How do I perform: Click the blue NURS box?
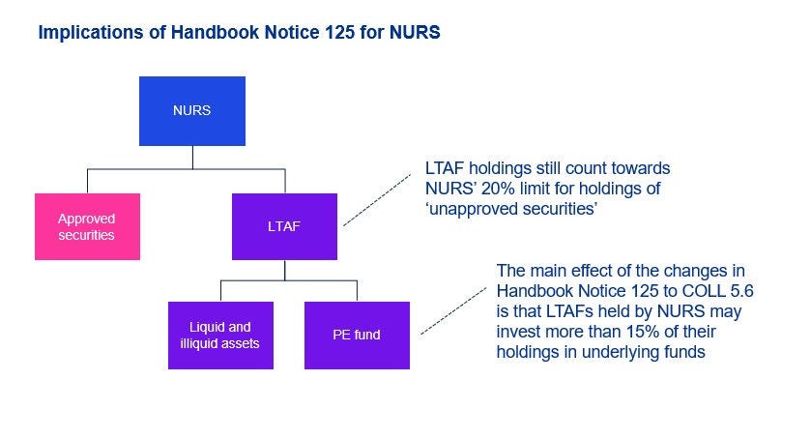(191, 110)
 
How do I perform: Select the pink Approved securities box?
(87, 226)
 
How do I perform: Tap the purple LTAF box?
(285, 226)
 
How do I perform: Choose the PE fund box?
(357, 335)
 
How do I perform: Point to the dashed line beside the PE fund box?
(452, 308)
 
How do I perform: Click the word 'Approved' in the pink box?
(87, 219)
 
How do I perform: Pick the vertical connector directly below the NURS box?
(191, 157)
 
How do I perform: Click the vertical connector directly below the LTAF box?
(285, 270)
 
